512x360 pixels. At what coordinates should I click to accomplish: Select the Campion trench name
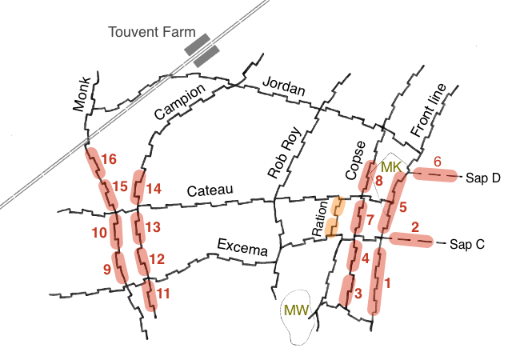click(x=180, y=102)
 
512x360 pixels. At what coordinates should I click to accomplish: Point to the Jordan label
click(x=284, y=89)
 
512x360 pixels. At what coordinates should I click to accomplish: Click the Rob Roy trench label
click(x=283, y=153)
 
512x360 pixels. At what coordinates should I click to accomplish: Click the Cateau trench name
click(x=209, y=190)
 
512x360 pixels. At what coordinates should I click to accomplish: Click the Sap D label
click(x=482, y=178)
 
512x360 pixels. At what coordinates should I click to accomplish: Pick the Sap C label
click(x=468, y=244)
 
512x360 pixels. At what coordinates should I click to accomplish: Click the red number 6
click(x=437, y=161)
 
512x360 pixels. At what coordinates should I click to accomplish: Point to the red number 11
click(x=163, y=293)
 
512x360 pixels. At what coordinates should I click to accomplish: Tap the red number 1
click(x=388, y=282)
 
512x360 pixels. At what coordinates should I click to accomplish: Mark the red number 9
click(x=107, y=269)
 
